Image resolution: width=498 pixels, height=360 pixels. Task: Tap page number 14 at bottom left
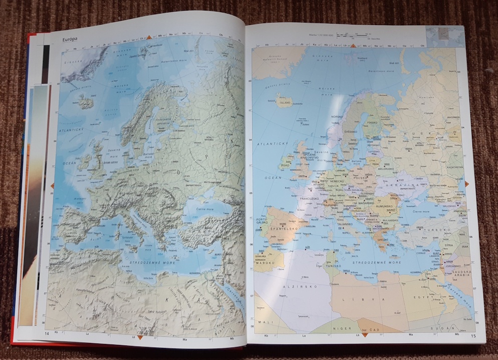click(x=46, y=333)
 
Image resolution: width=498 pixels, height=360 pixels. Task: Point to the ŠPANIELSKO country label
click(x=285, y=228)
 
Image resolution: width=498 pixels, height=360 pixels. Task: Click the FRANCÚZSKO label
click(x=309, y=199)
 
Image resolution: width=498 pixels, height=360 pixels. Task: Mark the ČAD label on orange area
click(x=374, y=329)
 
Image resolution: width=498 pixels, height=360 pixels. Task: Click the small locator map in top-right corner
click(x=444, y=36)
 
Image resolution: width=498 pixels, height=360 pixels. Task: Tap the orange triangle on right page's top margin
click(x=353, y=45)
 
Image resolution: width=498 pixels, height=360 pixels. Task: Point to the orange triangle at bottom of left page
click(x=140, y=337)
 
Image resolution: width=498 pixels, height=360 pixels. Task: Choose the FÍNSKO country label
click(x=372, y=122)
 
